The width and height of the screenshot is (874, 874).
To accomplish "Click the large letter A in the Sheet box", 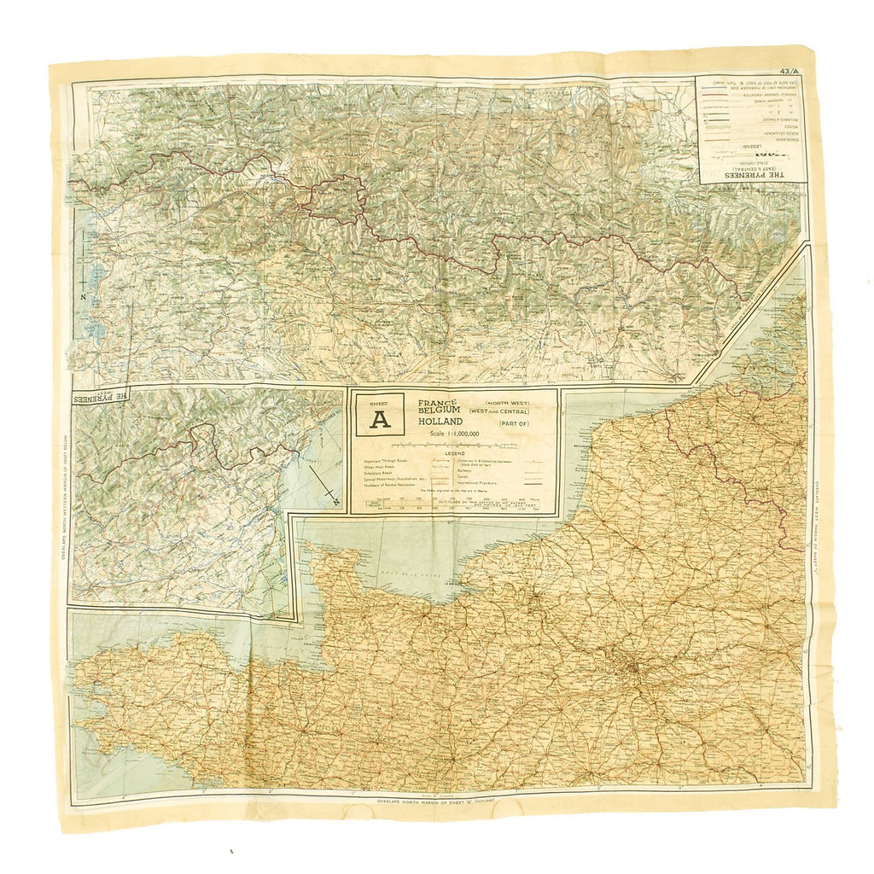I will point(380,419).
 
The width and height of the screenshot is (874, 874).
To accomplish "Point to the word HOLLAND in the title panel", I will point(441,421).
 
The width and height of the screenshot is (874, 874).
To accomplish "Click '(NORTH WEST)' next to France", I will point(506,401).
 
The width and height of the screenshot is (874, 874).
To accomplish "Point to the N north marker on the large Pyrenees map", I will point(84,295).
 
